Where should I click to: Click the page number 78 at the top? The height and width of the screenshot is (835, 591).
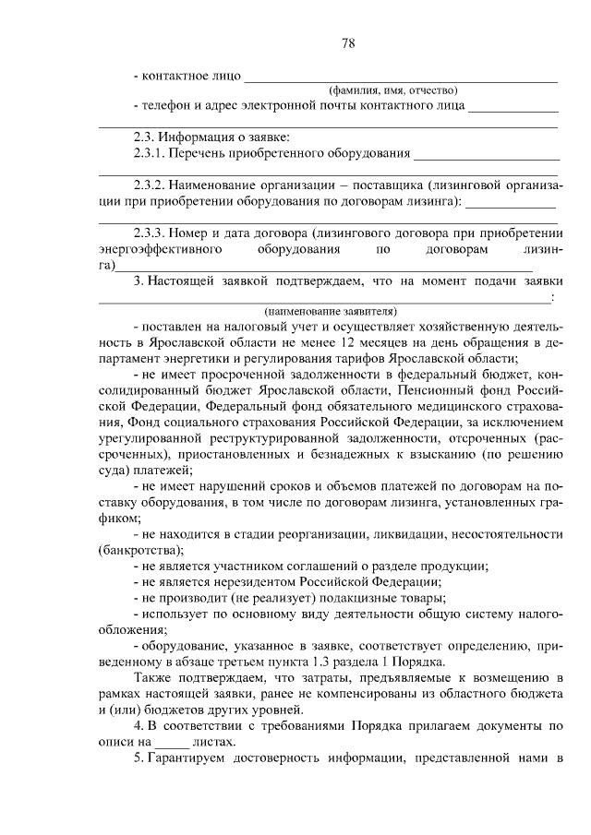tap(348, 43)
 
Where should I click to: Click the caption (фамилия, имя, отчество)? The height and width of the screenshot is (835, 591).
tap(394, 90)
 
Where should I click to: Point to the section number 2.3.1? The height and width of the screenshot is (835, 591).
tap(149, 153)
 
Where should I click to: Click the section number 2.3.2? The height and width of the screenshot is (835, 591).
tap(149, 185)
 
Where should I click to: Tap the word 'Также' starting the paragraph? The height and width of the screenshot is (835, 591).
tap(153, 678)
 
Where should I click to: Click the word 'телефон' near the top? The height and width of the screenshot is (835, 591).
tap(167, 105)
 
